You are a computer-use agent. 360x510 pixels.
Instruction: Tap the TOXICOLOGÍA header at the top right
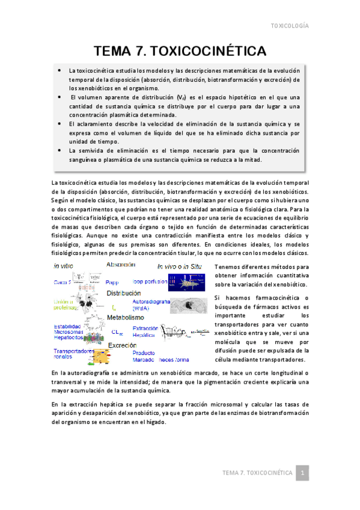[x=290, y=26]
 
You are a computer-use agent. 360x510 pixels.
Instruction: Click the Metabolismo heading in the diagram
[x=126, y=317]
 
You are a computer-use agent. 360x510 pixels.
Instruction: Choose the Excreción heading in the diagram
[x=123, y=345]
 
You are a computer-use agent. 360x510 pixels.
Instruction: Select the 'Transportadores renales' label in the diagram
[x=73, y=354]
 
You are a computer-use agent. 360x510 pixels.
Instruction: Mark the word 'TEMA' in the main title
[x=115, y=49]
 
